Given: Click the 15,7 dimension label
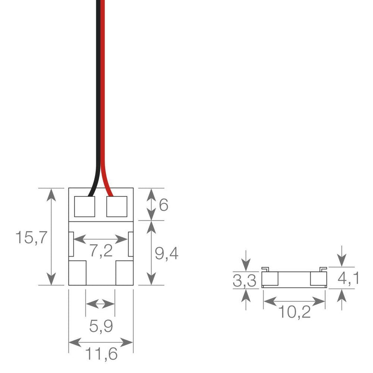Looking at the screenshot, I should pos(30,237).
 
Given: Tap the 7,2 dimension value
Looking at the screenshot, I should pos(101,251).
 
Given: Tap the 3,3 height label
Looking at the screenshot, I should pos(244,281).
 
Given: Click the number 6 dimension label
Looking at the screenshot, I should pos(163,205).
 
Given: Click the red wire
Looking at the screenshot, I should pos(103,93).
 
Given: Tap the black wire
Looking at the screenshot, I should pos(97,93).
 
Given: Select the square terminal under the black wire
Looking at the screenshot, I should pos(84,206).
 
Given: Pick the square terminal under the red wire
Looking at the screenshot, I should pos(117,206).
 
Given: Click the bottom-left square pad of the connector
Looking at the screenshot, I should pos(77,272).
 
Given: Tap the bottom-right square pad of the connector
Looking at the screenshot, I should pos(124,272).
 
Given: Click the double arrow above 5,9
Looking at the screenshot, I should pos(101,304).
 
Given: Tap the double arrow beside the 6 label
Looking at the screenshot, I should pos(152,204).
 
